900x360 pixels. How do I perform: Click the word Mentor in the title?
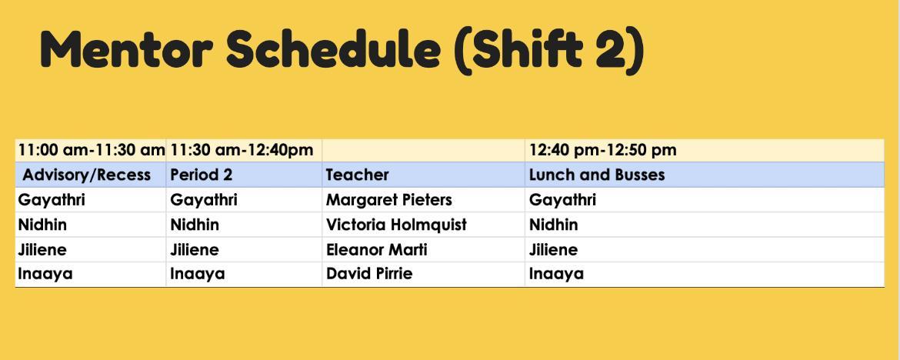pyautogui.click(x=126, y=49)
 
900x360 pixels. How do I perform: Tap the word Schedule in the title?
pyautogui.click(x=334, y=49)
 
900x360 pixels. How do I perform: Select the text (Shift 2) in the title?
pyautogui.click(x=548, y=51)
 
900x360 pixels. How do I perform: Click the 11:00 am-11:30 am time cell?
pyautogui.click(x=92, y=151)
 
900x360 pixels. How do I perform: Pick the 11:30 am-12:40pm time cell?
pyautogui.click(x=242, y=151)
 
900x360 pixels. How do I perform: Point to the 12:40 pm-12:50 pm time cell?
pyautogui.click(x=602, y=151)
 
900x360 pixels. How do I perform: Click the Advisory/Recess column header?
pyautogui.click(x=87, y=175)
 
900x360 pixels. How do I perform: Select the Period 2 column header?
pyautogui.click(x=202, y=175)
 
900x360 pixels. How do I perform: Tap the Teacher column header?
pyautogui.click(x=358, y=175)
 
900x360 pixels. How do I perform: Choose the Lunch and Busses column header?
pyautogui.click(x=597, y=175)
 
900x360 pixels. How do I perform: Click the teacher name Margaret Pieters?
pyautogui.click(x=389, y=200)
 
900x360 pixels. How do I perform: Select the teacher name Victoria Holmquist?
pyautogui.click(x=397, y=225)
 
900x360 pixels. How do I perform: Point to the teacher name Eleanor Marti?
pyautogui.click(x=376, y=250)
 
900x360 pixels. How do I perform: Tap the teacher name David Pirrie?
pyautogui.click(x=369, y=273)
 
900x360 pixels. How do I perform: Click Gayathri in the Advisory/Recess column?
pyautogui.click(x=52, y=200)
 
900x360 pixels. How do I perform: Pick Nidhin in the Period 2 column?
pyautogui.click(x=195, y=225)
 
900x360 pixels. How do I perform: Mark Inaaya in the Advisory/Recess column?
pyautogui.click(x=45, y=274)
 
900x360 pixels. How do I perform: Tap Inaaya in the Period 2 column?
pyautogui.click(x=198, y=274)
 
